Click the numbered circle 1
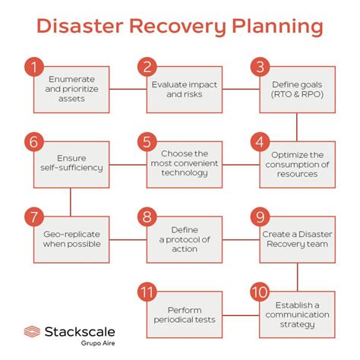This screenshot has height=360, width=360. [33, 67]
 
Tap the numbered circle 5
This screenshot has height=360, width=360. [147, 141]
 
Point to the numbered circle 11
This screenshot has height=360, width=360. [147, 291]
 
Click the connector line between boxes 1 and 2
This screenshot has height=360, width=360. [128, 90]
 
